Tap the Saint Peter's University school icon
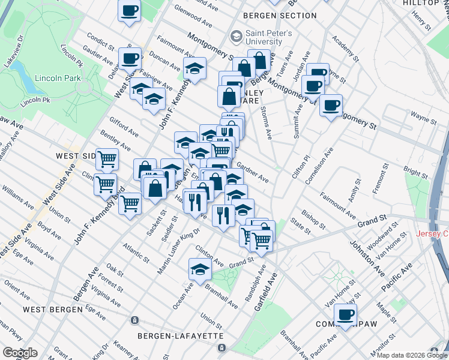[237, 37]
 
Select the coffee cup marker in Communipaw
[345, 314]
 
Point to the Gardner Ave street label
[253, 172]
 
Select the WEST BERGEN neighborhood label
[52, 310]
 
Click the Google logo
[20, 353]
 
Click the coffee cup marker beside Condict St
[130, 59]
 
